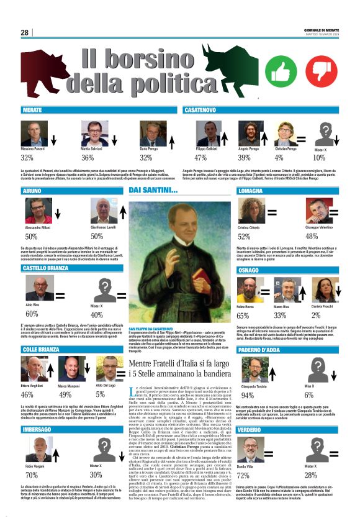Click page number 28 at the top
tap(25, 32)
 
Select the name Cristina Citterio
tap(248, 228)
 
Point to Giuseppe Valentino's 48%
tap(312, 237)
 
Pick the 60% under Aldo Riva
tap(32, 314)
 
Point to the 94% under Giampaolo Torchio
tap(247, 395)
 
